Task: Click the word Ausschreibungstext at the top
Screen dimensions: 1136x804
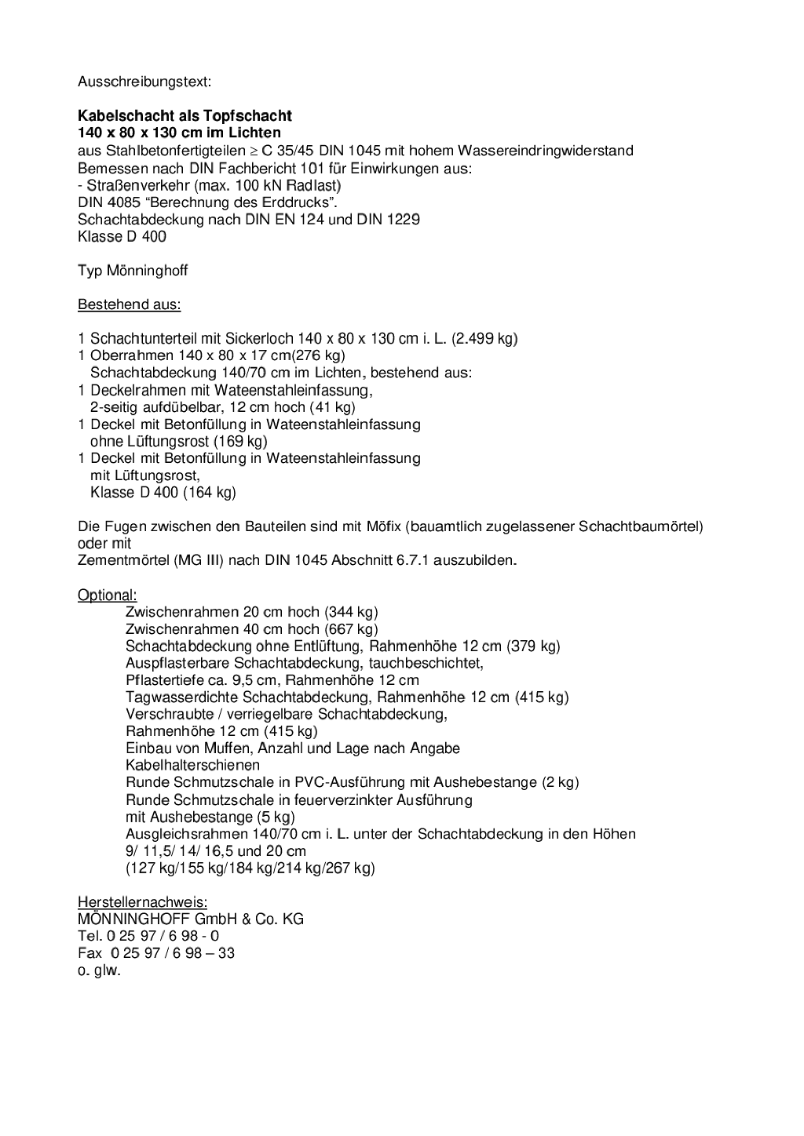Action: click(x=144, y=82)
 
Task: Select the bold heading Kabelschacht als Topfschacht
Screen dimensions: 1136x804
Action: click(x=185, y=116)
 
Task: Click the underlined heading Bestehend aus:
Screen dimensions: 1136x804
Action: click(x=129, y=304)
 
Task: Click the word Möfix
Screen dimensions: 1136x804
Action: click(x=384, y=526)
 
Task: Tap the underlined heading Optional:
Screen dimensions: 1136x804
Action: click(x=108, y=595)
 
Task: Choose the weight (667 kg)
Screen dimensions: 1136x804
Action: click(x=351, y=629)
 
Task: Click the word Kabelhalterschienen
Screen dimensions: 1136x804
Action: click(x=192, y=765)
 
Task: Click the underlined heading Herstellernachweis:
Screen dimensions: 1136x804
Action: click(x=142, y=902)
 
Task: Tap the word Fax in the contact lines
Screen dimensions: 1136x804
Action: click(x=90, y=953)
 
